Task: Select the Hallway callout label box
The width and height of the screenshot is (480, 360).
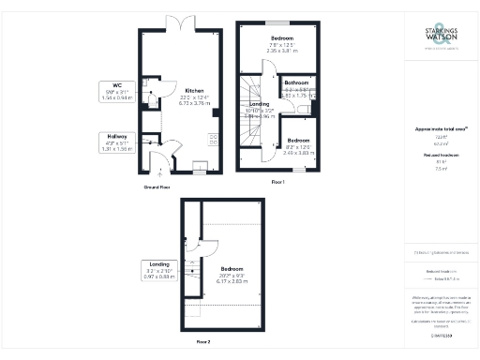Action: click(117, 141)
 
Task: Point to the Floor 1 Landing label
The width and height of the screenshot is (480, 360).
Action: click(260, 110)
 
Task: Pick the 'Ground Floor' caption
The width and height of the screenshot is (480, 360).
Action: click(156, 187)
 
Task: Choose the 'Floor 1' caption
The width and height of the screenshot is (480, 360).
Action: click(277, 181)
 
